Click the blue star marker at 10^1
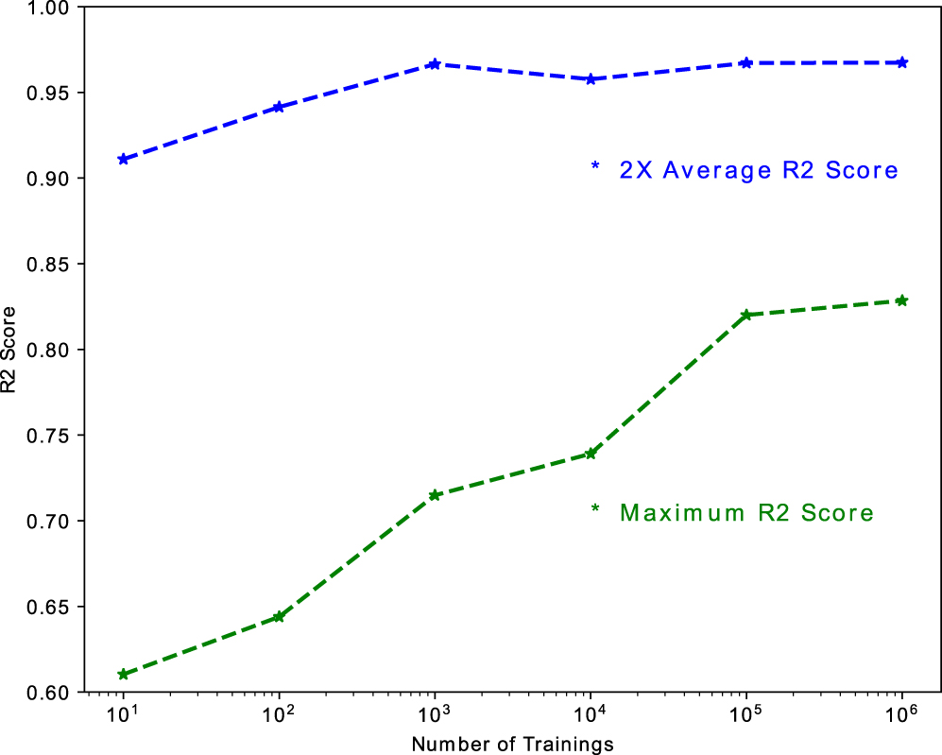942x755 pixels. coord(123,159)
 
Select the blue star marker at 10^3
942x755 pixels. coord(435,64)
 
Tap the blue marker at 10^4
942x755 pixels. coord(591,79)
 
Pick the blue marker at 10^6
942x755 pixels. coord(902,62)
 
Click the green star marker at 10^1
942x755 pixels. coord(123,675)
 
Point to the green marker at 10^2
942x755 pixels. coord(279,617)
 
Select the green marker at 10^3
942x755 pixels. coord(435,495)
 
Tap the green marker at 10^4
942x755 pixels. coord(591,454)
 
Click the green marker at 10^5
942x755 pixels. coord(746,315)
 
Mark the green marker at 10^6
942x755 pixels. coord(902,300)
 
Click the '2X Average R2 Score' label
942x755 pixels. coord(757,171)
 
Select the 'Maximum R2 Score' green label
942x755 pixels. coord(745,514)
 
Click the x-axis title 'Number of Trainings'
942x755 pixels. coord(512,745)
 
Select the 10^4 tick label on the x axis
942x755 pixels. coord(590,714)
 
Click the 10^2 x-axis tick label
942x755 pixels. coord(278,714)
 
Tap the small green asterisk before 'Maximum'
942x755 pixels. coord(595,509)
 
